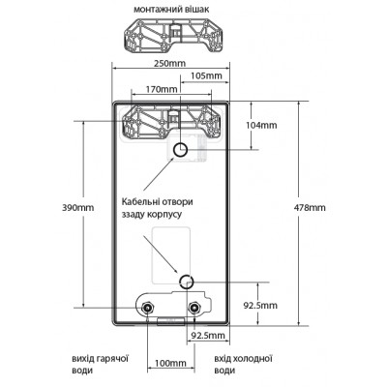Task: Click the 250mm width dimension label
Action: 169,63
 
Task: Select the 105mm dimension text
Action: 206,75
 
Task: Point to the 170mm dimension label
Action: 162,89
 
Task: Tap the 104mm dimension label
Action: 261,125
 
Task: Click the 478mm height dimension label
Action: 310,207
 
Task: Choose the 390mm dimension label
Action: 78,207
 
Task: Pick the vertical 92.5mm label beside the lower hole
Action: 260,305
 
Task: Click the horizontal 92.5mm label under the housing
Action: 208,336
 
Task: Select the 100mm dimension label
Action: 170,363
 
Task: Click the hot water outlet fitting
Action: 148,308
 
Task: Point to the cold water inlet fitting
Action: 194,308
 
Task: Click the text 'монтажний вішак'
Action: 171,10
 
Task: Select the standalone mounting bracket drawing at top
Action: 172,36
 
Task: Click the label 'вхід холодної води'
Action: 244,365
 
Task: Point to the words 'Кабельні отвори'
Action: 157,202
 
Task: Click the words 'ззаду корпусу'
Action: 152,215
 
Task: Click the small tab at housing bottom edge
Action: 170,321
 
